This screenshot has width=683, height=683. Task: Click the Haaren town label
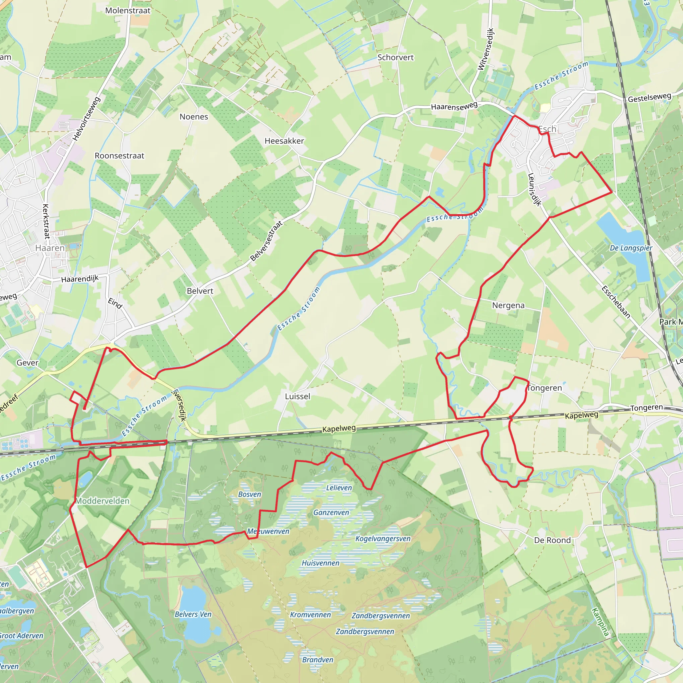pos(50,248)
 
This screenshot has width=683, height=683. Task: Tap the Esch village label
pos(547,129)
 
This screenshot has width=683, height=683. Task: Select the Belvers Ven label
pos(193,614)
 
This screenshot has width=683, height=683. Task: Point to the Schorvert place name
pos(395,57)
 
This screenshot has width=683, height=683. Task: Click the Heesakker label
pos(284,141)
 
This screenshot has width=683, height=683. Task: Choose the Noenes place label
pos(194,117)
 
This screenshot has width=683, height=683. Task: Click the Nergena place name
pos(508,305)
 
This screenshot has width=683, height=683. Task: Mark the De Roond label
pos(552,540)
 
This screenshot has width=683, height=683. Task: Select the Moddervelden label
pos(102,501)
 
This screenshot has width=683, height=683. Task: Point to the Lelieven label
pos(339,488)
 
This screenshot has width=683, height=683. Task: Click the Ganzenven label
pos(331,513)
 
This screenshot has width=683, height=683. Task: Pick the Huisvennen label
pos(320,563)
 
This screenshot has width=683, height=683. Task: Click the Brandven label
pos(317,660)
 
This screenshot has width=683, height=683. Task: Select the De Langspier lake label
pos(631,248)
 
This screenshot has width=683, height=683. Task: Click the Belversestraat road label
pos(266,241)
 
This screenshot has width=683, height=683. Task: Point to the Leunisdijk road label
pos(534,189)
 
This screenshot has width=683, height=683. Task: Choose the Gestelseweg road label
pos(649,98)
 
